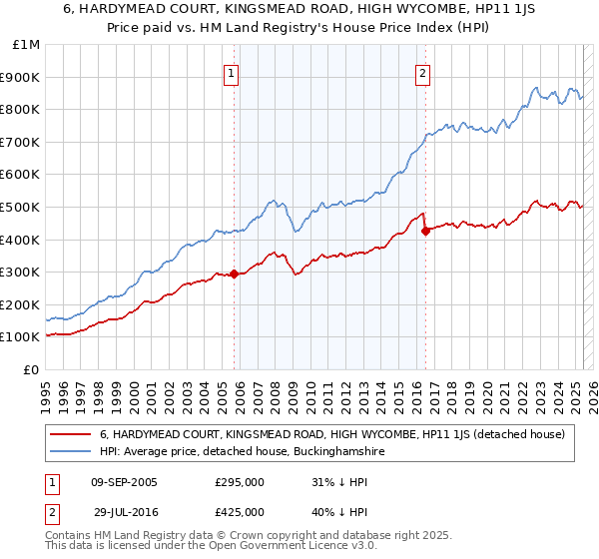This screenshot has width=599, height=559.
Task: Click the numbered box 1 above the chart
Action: click(x=231, y=73)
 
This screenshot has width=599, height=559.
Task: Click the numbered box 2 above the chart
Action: click(x=423, y=73)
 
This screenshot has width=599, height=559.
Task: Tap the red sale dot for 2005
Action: click(x=235, y=274)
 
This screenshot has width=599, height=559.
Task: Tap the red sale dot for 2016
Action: click(x=426, y=231)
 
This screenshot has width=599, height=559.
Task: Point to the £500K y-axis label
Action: click(x=21, y=207)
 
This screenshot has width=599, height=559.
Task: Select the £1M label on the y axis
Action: click(x=27, y=44)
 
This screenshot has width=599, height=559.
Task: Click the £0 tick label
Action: click(x=33, y=369)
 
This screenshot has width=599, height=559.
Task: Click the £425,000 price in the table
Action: click(x=239, y=511)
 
